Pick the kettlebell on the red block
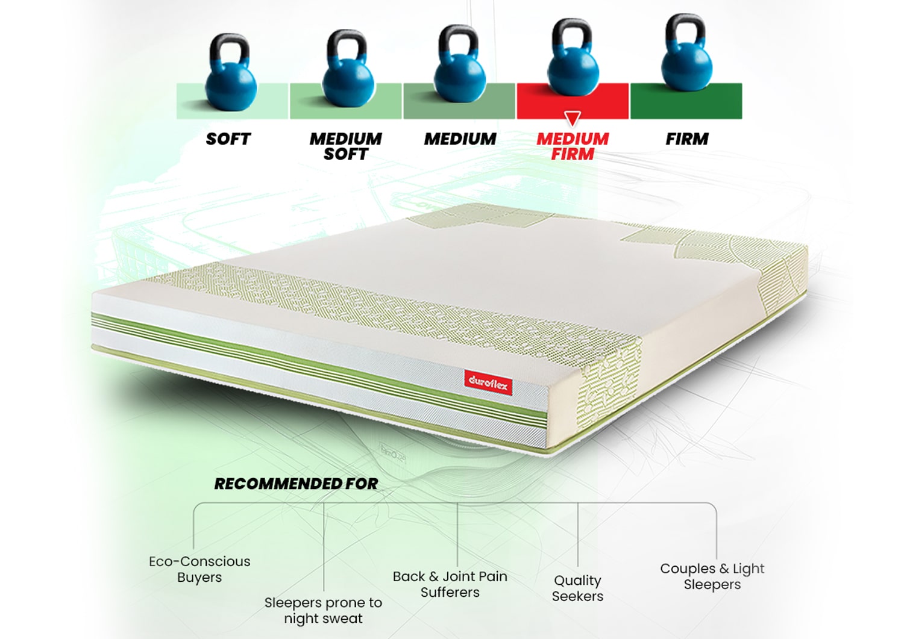coord(573,66)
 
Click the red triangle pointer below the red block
coord(573,117)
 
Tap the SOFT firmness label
coord(228,139)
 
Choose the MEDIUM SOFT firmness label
coord(345,146)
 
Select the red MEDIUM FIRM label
coord(573,146)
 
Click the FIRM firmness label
coord(686,139)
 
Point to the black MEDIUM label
coord(460,139)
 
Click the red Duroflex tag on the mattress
coord(488,383)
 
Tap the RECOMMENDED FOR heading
coord(296,484)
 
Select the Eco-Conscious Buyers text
coord(199,569)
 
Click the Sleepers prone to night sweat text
coord(323,610)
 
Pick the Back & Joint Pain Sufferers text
coord(450,584)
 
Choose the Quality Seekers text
coord(577,588)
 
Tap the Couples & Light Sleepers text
coord(712,576)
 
